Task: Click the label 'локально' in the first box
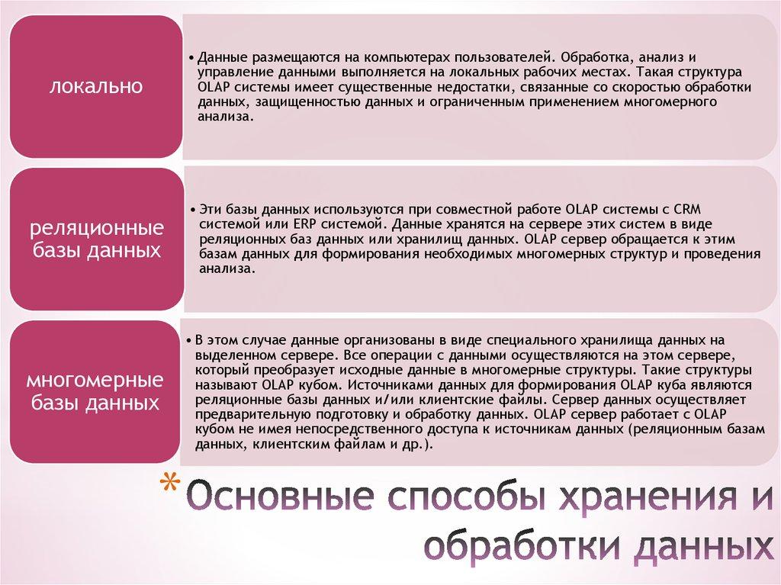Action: pyautogui.click(x=95, y=86)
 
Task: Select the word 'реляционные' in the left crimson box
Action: pyautogui.click(x=96, y=229)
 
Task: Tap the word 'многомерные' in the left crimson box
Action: pyautogui.click(x=96, y=380)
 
